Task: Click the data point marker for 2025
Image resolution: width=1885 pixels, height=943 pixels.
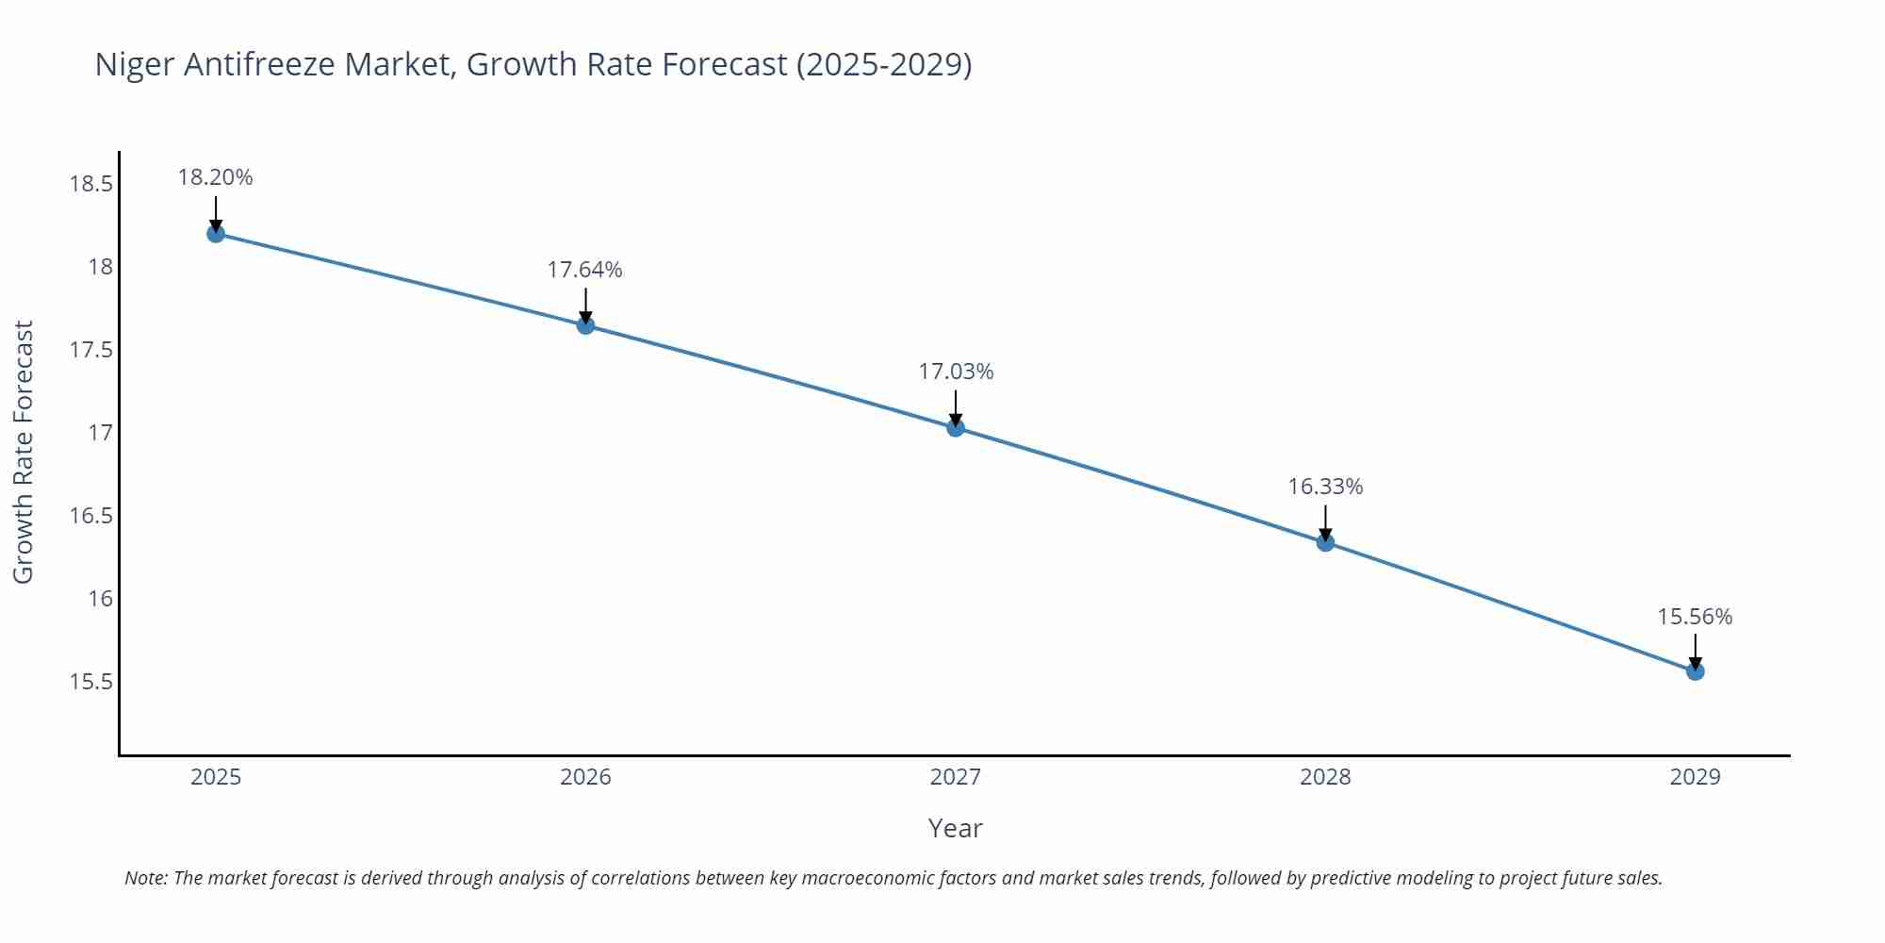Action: pos(216,233)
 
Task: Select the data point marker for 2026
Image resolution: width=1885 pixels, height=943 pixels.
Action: pos(585,325)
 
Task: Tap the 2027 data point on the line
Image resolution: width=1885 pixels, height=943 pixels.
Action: pos(956,427)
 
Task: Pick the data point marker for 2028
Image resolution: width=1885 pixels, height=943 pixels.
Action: pos(1325,542)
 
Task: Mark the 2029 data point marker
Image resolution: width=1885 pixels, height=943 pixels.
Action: pos(1695,671)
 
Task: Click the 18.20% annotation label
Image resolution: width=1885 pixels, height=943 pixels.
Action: pos(216,177)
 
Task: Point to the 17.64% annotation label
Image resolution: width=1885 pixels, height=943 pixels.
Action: pos(585,270)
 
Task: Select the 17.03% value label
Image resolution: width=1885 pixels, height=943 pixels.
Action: pos(956,372)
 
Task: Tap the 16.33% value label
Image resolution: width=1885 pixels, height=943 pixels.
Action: pos(1325,487)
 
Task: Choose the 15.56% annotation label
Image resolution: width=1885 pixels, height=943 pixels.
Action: pos(1695,617)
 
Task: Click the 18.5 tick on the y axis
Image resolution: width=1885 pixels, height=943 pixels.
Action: pos(90,184)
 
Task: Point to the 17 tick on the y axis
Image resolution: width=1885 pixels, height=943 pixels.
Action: pos(100,433)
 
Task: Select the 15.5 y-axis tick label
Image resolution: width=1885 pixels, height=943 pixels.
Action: pos(90,682)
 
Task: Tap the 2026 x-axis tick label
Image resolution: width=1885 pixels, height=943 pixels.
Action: pos(585,777)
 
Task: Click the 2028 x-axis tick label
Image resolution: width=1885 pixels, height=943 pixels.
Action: pos(1325,777)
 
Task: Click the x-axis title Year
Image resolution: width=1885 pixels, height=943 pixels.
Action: pos(955,828)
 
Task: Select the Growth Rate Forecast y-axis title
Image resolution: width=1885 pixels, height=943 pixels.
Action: pos(23,452)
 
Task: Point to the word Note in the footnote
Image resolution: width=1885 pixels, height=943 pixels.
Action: pos(145,878)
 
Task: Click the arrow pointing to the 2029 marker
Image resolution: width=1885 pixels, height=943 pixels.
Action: pos(1695,651)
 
